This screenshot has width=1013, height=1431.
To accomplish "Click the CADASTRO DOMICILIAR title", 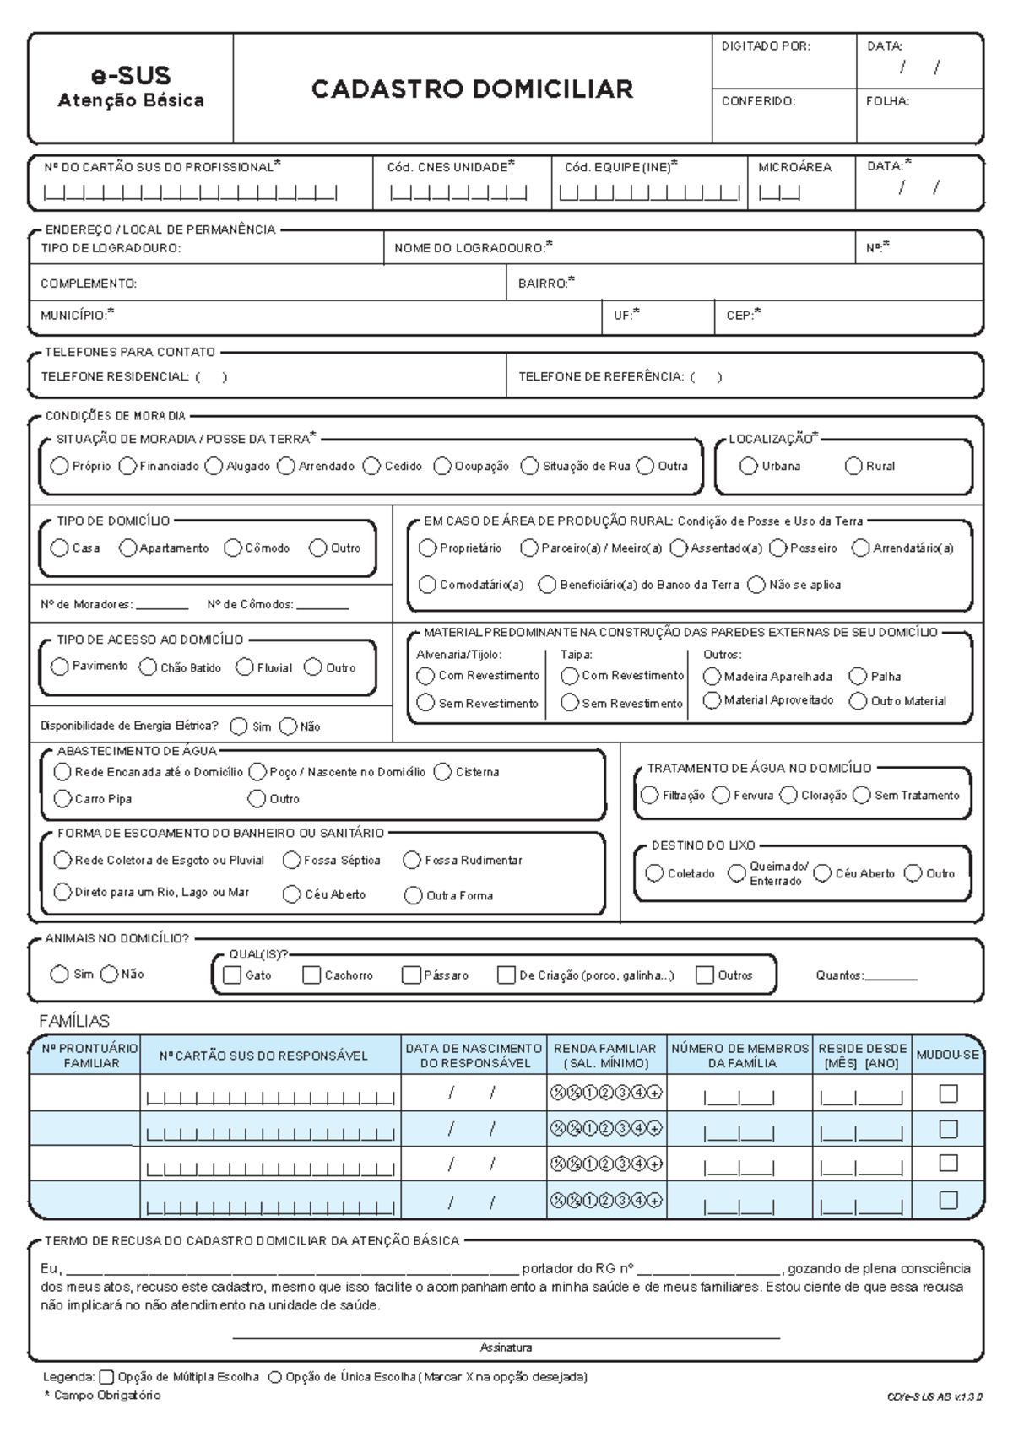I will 472,89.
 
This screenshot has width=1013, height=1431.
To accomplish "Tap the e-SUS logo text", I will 131,76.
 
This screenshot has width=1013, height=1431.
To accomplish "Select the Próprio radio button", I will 59,466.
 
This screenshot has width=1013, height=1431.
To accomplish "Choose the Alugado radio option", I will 214,466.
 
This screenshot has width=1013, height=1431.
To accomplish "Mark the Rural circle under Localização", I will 853,466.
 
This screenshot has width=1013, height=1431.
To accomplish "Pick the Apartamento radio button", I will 127,548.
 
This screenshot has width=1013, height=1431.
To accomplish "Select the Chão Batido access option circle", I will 148,667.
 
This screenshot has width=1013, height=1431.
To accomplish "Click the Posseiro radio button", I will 778,548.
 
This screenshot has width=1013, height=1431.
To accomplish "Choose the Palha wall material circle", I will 858,676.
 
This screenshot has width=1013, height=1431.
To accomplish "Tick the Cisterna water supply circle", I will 442,772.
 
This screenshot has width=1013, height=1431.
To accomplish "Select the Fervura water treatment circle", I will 721,795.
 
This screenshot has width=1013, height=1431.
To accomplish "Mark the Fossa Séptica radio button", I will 291,860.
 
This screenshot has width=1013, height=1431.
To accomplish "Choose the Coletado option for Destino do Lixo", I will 654,873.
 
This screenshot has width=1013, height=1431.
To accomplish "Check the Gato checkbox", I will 232,975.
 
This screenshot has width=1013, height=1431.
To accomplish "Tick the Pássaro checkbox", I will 411,975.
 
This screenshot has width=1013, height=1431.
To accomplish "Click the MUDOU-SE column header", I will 948,1055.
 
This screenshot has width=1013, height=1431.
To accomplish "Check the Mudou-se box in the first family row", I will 949,1093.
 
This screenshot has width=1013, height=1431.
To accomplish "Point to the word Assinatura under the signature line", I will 506,1347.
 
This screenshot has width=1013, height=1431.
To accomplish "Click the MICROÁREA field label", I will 794,167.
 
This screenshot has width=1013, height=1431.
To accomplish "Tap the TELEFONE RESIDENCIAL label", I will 115,377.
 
